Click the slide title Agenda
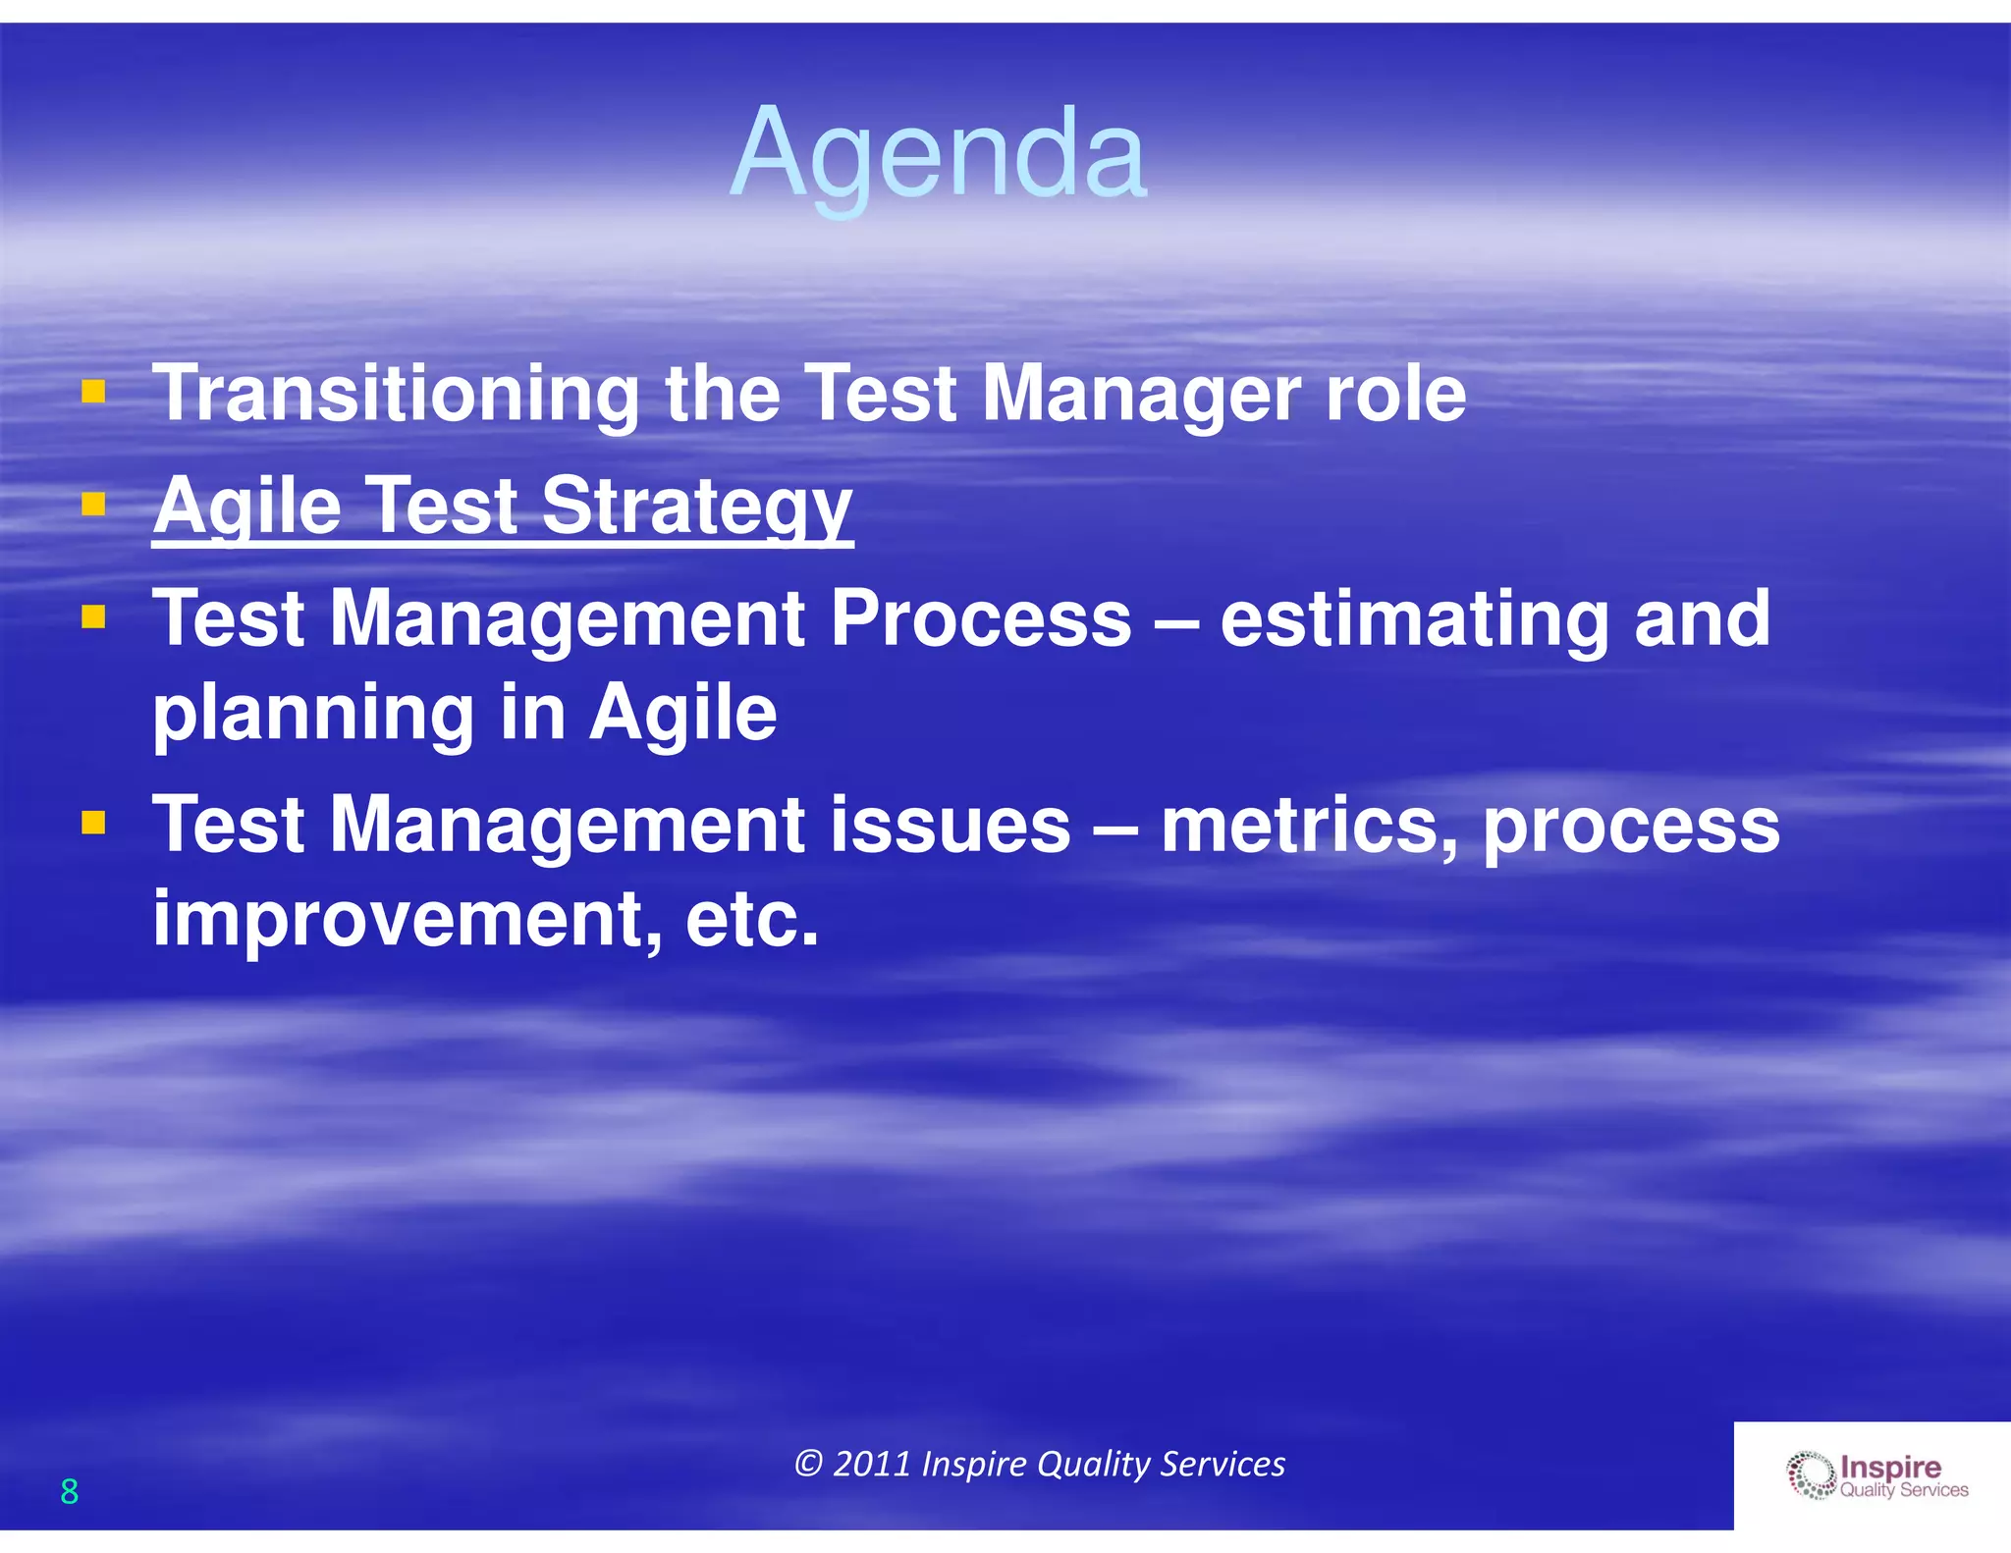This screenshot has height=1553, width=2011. click(938, 154)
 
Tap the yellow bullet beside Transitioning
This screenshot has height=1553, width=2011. click(93, 394)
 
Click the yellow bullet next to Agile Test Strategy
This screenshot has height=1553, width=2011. click(93, 506)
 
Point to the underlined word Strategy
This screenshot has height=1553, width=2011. click(696, 508)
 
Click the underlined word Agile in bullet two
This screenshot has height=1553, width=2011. click(247, 508)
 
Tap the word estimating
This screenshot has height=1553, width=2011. click(1414, 620)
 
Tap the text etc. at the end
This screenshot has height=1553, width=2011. click(752, 919)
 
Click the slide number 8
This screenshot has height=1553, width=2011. click(69, 1491)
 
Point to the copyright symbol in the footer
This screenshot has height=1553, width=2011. click(807, 1464)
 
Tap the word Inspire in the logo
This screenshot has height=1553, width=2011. click(1890, 1468)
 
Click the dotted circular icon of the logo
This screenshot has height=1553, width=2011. click(1810, 1476)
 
